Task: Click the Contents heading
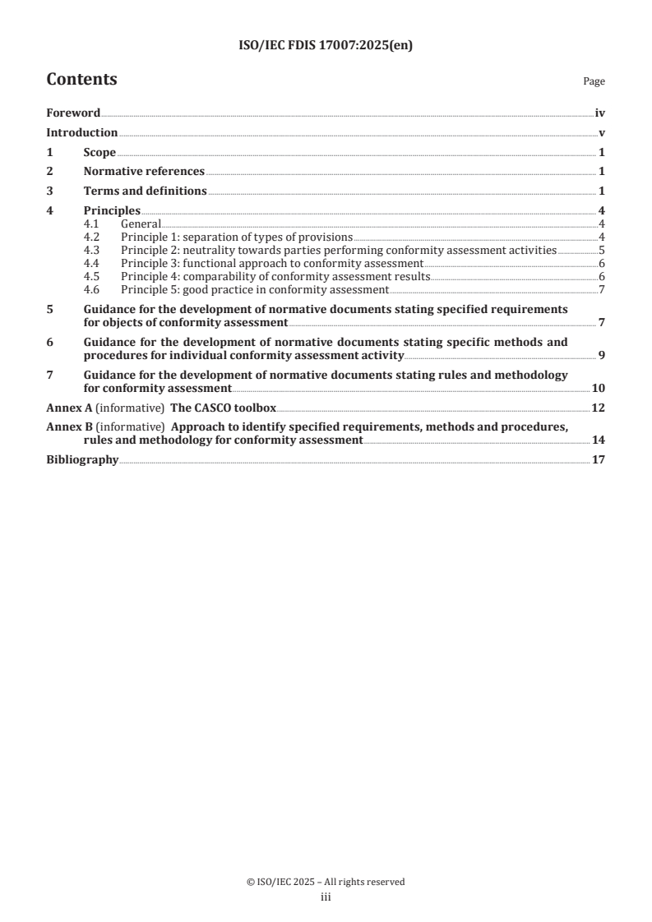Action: tap(81, 80)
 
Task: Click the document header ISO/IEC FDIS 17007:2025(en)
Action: tap(325, 46)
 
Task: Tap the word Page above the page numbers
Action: tap(594, 82)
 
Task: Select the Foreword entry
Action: tap(73, 113)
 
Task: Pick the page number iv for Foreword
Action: tap(600, 113)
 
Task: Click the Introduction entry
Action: tap(81, 133)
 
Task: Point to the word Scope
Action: tap(99, 152)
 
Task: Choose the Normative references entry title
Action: tap(144, 172)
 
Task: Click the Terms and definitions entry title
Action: tap(145, 191)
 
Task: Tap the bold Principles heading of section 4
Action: tap(112, 210)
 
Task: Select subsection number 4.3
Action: tap(92, 250)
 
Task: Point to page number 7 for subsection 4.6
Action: tap(602, 289)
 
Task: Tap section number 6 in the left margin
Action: tap(49, 342)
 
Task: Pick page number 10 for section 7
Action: tap(599, 388)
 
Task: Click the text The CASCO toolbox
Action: tap(223, 408)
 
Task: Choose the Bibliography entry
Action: tap(82, 460)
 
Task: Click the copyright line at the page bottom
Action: tap(326, 882)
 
